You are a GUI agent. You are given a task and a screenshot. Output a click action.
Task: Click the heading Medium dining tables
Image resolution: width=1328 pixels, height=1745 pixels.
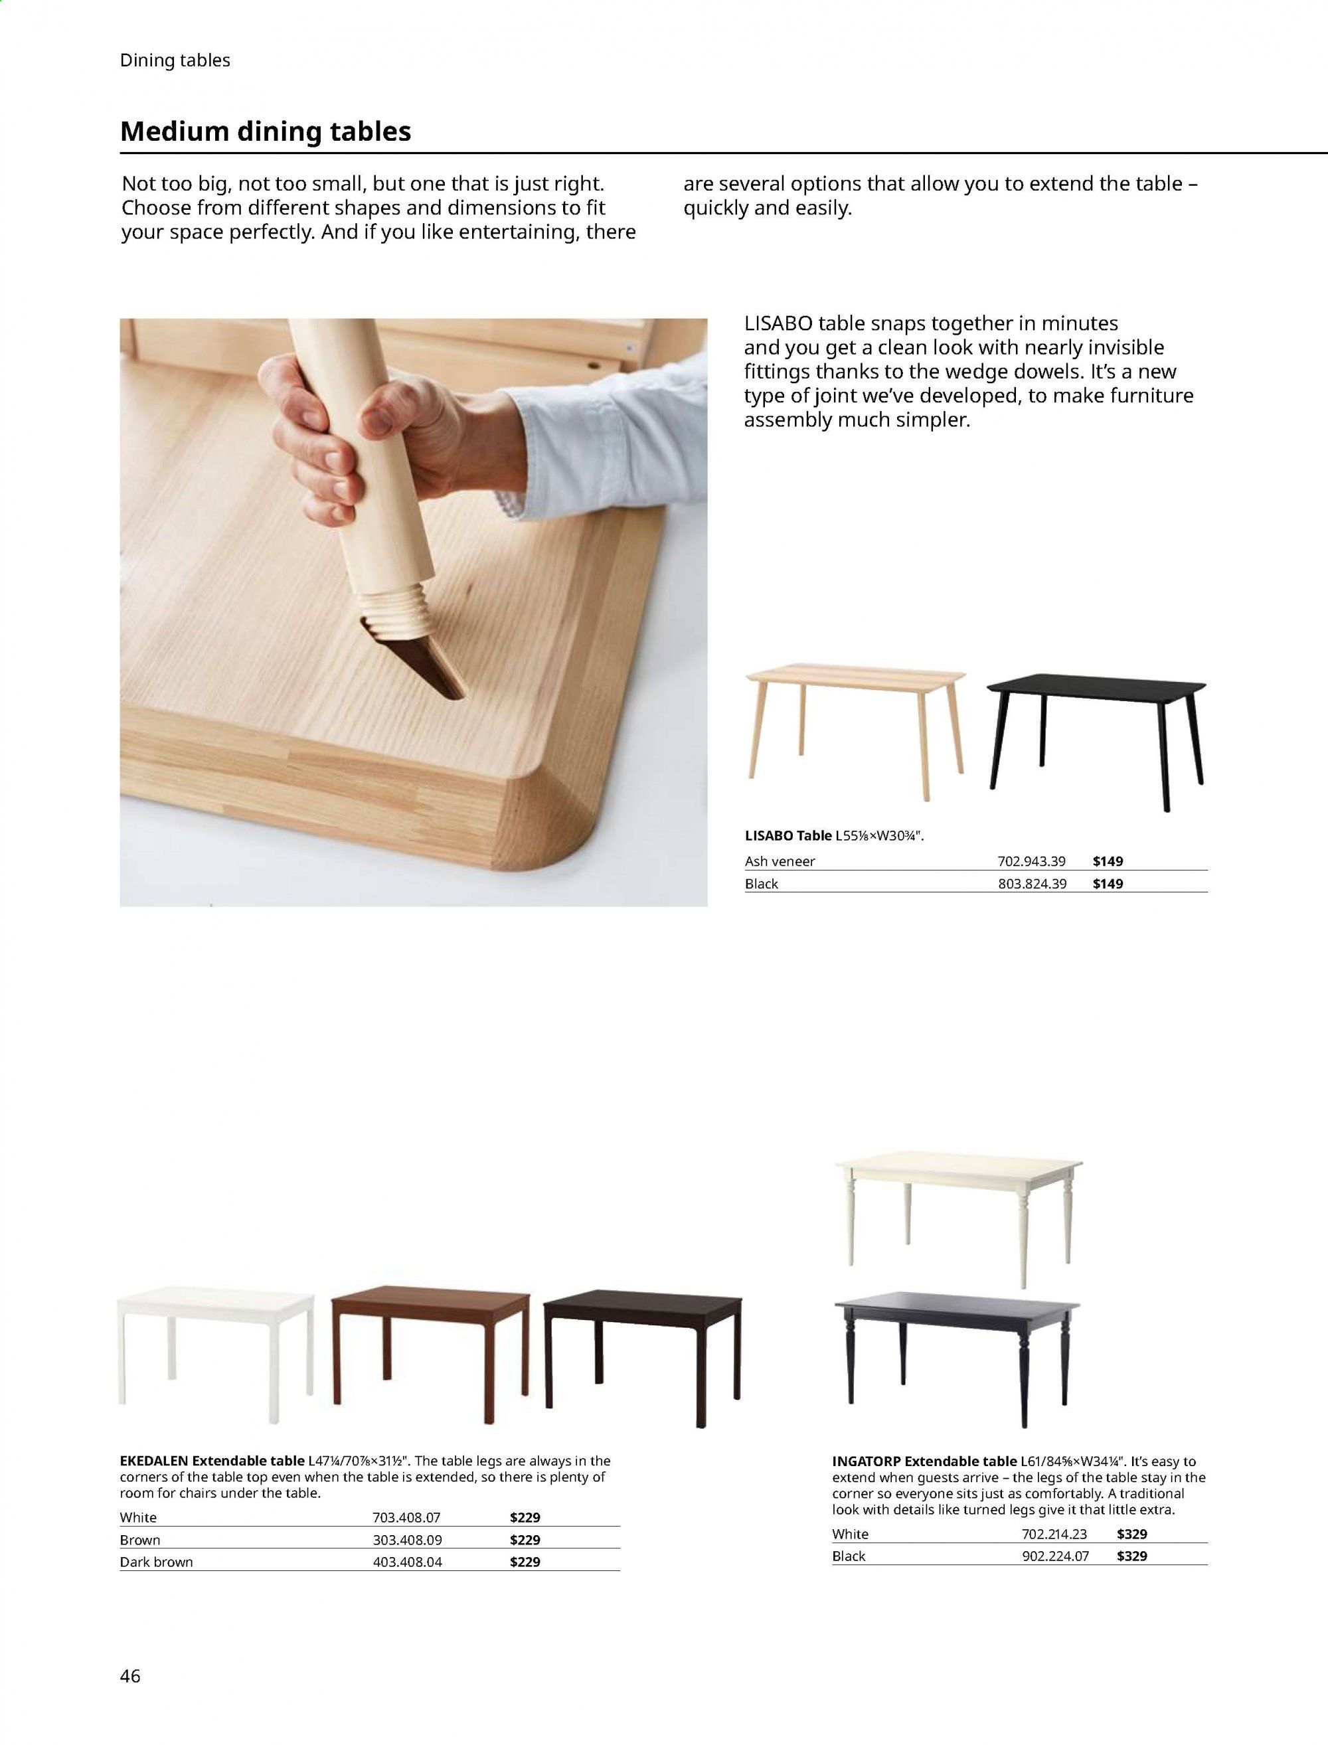[x=266, y=131]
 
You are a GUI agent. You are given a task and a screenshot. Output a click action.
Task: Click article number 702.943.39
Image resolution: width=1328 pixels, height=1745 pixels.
[x=1032, y=861]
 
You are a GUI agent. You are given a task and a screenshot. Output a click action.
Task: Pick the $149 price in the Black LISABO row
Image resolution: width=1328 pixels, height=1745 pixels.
[x=1108, y=884]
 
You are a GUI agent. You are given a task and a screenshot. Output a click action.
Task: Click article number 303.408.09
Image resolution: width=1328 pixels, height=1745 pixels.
[x=406, y=1540]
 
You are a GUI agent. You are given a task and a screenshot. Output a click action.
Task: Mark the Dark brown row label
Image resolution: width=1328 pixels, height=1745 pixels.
[x=157, y=1562]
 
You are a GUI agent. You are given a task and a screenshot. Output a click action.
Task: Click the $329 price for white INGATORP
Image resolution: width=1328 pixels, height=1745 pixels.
[x=1132, y=1534]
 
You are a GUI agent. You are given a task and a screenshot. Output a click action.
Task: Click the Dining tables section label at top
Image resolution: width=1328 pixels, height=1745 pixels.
[x=175, y=61]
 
